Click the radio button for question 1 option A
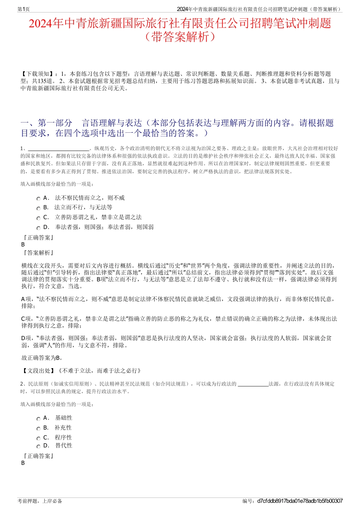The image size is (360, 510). [38, 199]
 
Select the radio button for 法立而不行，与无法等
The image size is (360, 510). [38, 208]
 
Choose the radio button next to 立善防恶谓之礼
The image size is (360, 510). [38, 218]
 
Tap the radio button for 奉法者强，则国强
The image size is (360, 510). [38, 228]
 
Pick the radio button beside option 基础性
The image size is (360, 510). [38, 419]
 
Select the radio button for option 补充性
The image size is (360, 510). [38, 428]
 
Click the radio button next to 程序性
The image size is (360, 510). [38, 438]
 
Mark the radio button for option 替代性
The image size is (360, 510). [38, 447]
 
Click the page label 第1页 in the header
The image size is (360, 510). [23, 9]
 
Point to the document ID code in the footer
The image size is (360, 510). [300, 501]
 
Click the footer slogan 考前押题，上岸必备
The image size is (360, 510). [40, 501]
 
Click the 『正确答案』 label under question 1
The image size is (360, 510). [38, 237]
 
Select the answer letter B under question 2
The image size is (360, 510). [23, 463]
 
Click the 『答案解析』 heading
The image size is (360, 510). [38, 253]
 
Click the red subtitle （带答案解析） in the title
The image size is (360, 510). [180, 37]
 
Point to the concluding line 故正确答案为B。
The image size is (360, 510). [42, 358]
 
